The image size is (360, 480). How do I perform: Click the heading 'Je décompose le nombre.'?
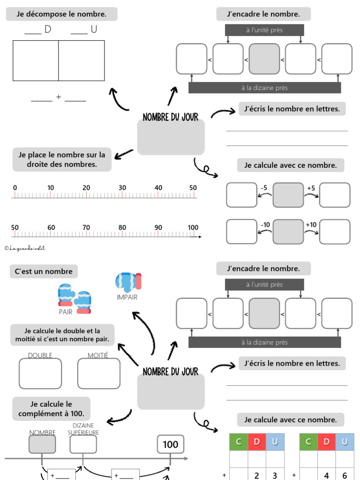coord(61,14)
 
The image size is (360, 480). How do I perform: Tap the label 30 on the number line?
coord(122,188)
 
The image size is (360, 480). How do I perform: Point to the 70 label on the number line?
coord(86,228)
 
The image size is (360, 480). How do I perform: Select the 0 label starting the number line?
coord(15,188)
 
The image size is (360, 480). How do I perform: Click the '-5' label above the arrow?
coord(264,188)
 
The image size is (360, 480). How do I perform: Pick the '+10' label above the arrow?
coord(311,225)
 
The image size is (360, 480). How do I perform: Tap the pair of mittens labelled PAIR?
coord(74,298)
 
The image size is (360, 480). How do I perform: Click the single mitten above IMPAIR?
coord(128,282)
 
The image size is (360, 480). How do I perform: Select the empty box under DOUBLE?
coord(40,374)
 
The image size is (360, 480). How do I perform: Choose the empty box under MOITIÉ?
coord(98,374)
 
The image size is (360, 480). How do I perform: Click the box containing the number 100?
coord(170,444)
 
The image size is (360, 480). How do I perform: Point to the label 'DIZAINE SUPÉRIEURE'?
coord(83,429)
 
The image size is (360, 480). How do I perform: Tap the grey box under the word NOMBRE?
coord(42,444)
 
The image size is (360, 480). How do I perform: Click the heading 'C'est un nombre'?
coord(44,271)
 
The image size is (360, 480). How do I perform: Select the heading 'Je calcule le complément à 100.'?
coord(51,409)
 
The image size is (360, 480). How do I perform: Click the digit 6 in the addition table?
coord(345,475)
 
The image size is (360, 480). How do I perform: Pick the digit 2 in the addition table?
coord(256,475)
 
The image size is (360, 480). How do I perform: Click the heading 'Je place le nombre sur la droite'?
coord(62,159)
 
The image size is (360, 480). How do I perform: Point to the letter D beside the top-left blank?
coord(47,30)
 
